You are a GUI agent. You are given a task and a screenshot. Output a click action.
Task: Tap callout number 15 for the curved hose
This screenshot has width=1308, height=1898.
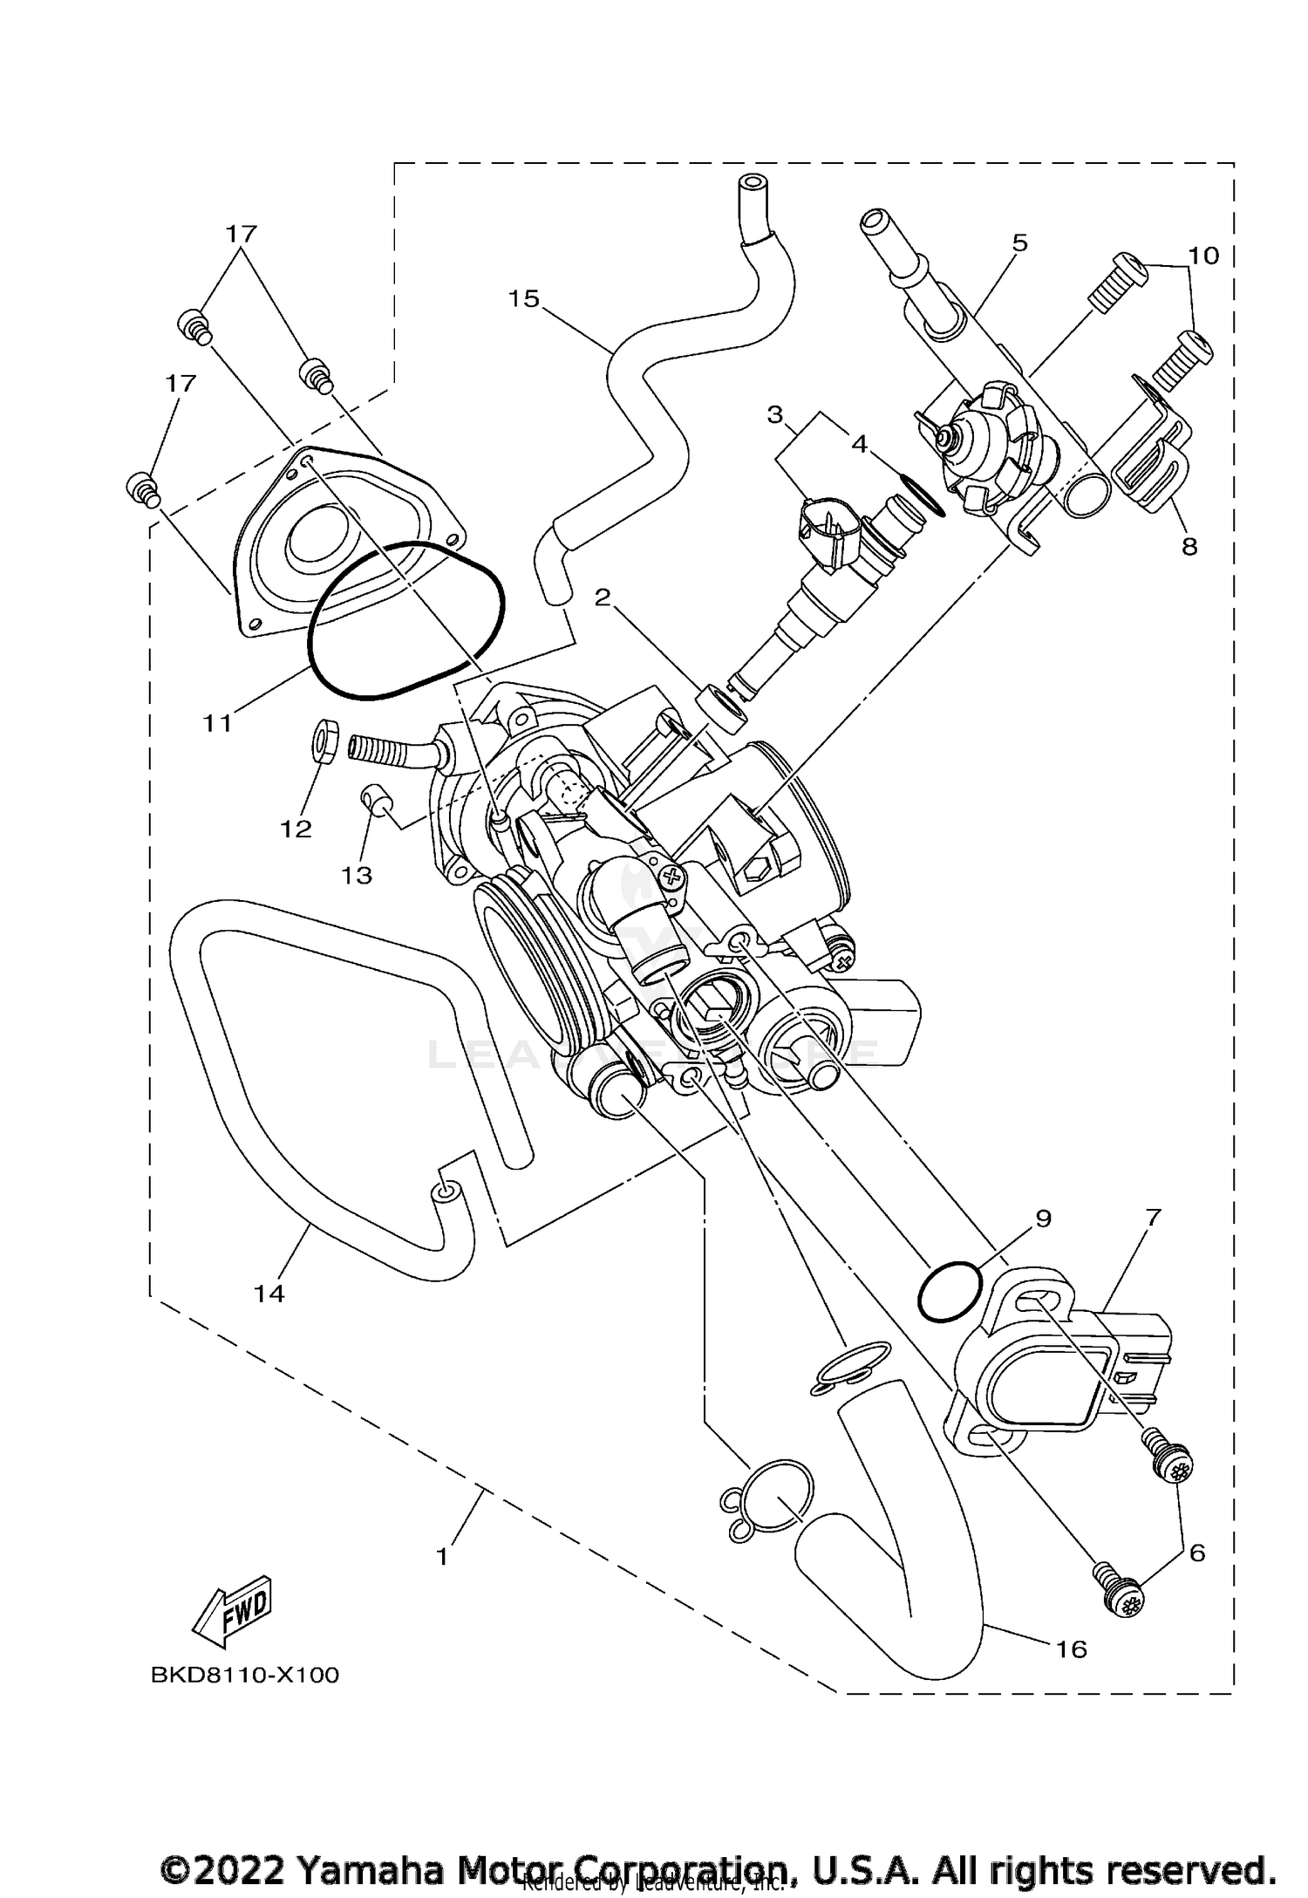coord(524,299)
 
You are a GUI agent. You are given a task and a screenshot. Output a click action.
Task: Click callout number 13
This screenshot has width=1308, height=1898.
coord(357,875)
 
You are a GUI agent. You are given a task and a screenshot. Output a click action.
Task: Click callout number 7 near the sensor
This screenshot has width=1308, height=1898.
coord(1153,1218)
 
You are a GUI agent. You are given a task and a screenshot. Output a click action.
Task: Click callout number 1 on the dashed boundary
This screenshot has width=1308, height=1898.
coord(442,1556)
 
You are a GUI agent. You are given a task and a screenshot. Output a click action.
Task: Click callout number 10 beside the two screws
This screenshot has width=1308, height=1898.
coord(1203,256)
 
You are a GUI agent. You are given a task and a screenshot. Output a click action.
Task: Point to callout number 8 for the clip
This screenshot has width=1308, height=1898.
coord(1189,547)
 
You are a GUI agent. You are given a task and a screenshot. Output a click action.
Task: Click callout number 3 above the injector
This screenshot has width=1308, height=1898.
coord(775,415)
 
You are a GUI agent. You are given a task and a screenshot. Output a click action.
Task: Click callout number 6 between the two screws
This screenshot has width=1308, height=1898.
coord(1197,1553)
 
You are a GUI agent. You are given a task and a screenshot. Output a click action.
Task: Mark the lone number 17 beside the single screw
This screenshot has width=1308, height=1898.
coord(181,383)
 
